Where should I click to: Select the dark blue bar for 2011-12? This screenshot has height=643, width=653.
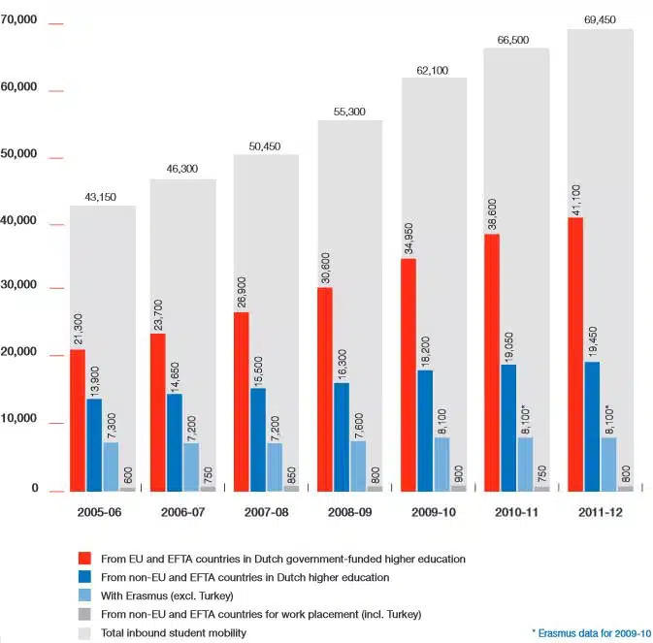(x=592, y=427)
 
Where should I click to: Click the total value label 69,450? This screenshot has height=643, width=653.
(x=600, y=18)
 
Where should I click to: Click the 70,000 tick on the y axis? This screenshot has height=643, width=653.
(x=18, y=19)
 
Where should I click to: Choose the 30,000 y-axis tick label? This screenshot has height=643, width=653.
(x=18, y=286)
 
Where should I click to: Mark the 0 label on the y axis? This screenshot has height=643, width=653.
(x=34, y=489)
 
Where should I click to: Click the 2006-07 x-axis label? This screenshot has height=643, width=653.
(x=182, y=511)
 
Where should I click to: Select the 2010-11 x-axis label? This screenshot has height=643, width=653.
(x=516, y=511)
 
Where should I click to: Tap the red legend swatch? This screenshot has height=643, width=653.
(x=86, y=559)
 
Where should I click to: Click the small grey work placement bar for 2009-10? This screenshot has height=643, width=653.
(x=459, y=488)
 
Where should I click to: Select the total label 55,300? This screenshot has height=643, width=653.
(x=349, y=113)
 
